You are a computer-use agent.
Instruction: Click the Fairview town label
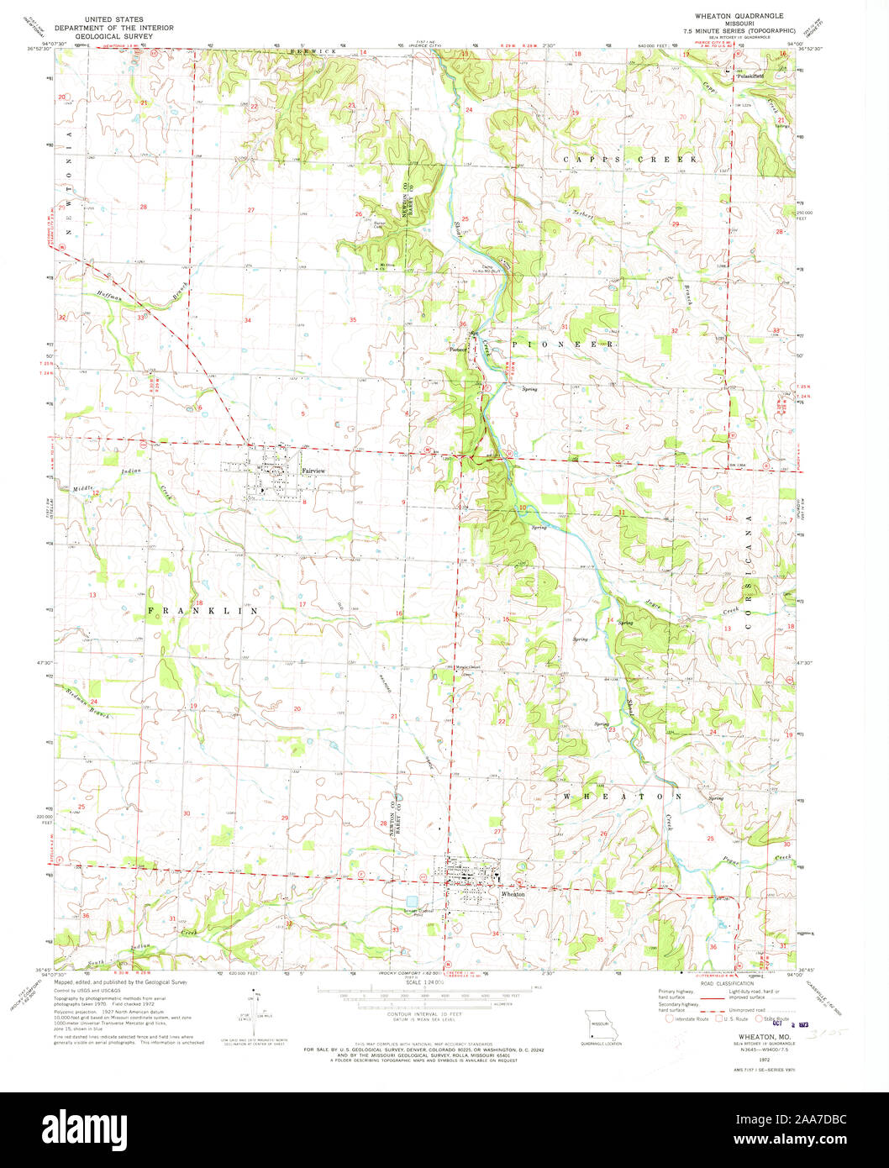313,471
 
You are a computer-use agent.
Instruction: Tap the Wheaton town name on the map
513,895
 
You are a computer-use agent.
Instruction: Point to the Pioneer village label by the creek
458,350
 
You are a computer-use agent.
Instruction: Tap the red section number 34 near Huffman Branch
247,321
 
